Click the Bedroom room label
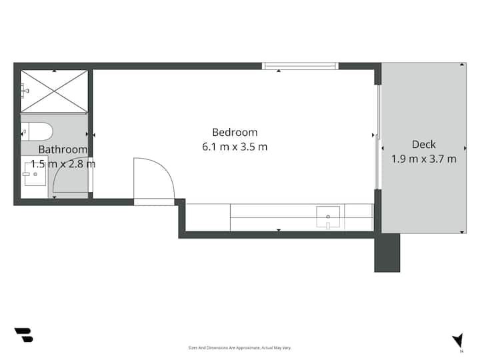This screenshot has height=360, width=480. point(235,133)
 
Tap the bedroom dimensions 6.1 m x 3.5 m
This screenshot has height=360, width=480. point(235,147)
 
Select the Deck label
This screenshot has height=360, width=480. point(424,145)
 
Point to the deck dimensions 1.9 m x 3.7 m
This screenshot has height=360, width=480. point(424,159)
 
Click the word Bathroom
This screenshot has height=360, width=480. point(63,149)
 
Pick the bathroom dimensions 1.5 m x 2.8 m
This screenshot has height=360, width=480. point(63,164)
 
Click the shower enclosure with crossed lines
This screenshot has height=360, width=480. point(54,91)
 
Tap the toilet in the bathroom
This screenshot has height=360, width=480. point(37,131)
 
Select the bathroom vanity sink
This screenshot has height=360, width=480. point(35,174)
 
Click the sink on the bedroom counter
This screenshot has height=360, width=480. point(328,217)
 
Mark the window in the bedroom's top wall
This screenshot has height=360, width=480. point(300,66)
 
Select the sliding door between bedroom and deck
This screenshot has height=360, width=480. point(378,137)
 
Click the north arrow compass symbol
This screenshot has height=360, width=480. point(458,341)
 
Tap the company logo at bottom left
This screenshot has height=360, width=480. point(24,335)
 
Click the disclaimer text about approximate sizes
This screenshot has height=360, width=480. point(239,348)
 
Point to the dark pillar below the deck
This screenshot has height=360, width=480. point(387,253)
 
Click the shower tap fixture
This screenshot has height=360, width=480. point(25,91)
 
